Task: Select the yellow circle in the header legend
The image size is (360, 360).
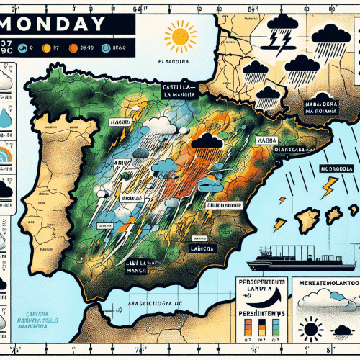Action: coord(46,48)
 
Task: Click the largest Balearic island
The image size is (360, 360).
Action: coord(310,218)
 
